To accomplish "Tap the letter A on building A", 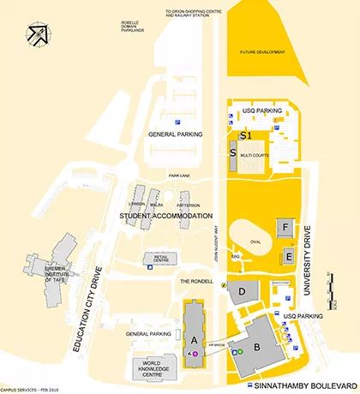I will coord(194,340).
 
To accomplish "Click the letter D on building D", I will coord(243,291).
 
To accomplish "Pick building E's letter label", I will coord(289,256).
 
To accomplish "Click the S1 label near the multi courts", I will coord(246,135).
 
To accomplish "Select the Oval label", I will coord(254,242).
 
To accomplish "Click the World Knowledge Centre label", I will coord(146,368).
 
